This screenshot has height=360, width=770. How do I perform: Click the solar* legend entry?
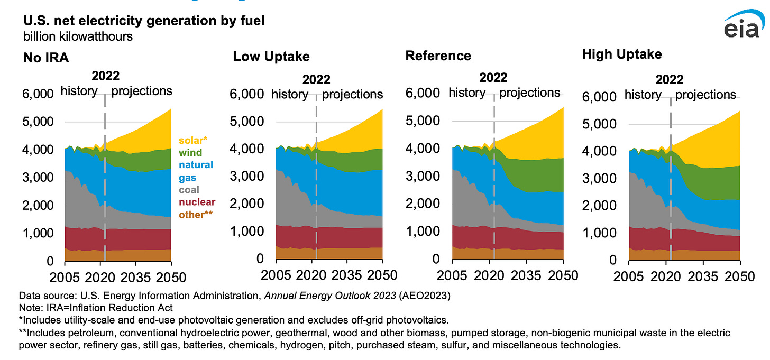click(193, 141)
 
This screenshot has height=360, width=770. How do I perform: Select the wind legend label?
click(190, 153)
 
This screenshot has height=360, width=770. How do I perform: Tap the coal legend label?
click(189, 190)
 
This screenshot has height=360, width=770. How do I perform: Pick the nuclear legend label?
click(197, 202)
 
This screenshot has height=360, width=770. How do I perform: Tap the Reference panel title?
click(438, 56)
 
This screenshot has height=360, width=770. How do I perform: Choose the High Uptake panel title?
click(621, 54)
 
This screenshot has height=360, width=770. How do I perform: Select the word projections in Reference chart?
click(529, 93)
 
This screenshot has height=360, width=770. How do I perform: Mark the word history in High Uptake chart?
click(643, 95)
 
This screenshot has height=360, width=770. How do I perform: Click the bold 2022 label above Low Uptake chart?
click(316, 80)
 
